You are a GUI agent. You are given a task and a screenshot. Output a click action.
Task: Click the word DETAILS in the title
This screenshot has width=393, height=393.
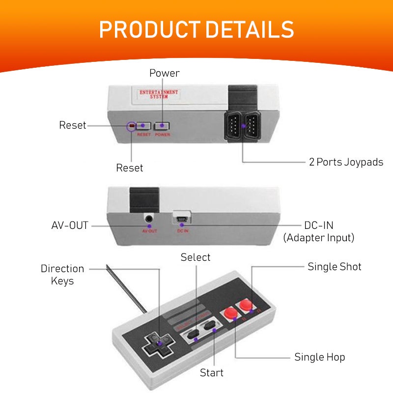click(x=250, y=30)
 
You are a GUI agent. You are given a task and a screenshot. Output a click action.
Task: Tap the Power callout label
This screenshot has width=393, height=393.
click(x=165, y=73)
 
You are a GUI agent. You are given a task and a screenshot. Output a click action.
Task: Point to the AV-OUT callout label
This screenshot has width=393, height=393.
click(x=70, y=225)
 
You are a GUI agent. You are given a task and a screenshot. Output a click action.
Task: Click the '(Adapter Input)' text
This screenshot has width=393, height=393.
click(x=319, y=238)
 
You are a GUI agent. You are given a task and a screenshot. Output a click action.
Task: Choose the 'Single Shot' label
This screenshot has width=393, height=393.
click(x=334, y=267)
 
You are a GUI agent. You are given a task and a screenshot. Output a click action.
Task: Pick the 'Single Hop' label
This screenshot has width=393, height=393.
click(x=320, y=357)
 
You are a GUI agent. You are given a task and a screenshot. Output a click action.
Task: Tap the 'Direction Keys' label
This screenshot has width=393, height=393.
click(x=62, y=275)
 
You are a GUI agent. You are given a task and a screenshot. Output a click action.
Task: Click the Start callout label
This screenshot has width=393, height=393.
click(x=211, y=373)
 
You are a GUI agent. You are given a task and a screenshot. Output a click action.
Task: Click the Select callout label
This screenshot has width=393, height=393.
click(x=195, y=257)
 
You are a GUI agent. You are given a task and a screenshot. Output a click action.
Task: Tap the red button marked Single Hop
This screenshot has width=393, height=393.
click(x=230, y=313)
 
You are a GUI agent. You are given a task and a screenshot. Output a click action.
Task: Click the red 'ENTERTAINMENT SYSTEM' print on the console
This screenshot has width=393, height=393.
click(x=159, y=94)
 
